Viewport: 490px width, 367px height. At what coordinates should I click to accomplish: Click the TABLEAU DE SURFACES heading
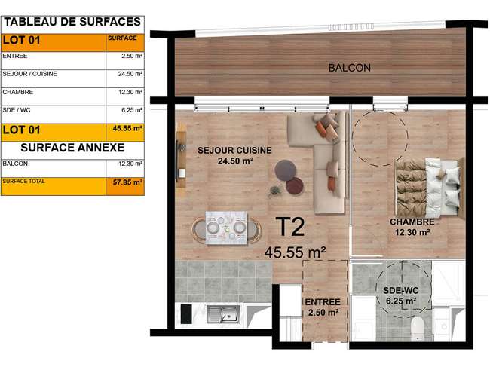coord(72,22)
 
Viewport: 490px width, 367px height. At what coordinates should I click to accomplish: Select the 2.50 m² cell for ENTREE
coord(132,56)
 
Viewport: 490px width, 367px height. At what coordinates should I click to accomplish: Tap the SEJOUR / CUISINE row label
coord(29,74)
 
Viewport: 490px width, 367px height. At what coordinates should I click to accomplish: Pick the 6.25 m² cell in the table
coord(132,110)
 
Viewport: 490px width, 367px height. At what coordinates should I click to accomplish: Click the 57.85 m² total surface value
coord(128,182)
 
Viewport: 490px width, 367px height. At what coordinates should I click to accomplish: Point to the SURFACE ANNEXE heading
coord(72,148)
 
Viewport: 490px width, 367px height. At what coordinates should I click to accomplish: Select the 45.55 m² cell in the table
coord(128,128)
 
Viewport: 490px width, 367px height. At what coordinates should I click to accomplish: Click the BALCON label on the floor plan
coord(350,68)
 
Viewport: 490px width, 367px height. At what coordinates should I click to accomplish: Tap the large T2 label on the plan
coord(290,227)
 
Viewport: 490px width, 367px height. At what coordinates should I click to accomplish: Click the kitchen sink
coord(224,313)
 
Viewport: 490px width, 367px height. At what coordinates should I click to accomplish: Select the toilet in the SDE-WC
coord(417,329)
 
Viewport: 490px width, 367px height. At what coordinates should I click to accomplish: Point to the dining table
coord(227,228)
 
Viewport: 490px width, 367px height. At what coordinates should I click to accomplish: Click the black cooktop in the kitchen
coord(186,314)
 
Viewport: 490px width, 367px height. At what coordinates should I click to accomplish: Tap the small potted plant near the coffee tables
coord(274,191)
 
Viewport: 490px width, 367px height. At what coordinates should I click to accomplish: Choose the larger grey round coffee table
coord(285,170)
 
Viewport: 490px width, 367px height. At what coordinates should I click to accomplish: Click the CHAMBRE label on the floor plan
coord(412,222)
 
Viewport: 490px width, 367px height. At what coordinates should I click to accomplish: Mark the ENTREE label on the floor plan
coord(323,302)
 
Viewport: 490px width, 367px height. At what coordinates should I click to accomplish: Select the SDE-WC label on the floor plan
coord(400,290)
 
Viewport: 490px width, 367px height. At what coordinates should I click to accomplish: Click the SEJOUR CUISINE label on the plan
coord(234,150)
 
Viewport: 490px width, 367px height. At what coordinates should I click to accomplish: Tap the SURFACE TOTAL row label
coord(24,181)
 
